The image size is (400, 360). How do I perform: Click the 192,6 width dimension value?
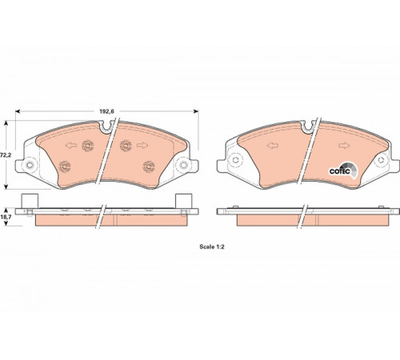pos(106,111)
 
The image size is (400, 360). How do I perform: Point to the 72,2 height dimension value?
pos(6,155)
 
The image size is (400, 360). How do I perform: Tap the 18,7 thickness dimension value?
pos(6,217)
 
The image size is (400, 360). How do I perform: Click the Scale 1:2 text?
pos(212,247)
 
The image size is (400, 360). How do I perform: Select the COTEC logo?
pos(342,170)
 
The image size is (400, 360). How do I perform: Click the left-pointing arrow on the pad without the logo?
pos(71,146)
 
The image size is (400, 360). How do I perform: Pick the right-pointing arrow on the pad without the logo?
pos(142,146)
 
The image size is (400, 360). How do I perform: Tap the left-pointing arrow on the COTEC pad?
pos(273,146)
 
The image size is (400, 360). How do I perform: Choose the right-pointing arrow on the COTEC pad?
pos(344,146)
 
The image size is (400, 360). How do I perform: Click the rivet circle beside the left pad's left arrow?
pos(88,146)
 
